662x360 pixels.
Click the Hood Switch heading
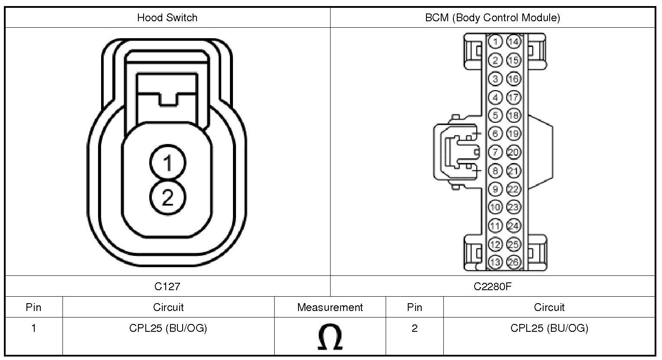pos(167,18)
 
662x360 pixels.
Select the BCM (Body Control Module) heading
pos(492,18)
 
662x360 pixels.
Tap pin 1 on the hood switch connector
pos(168,162)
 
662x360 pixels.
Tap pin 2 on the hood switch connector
pos(168,197)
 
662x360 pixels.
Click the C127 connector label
pos(167,286)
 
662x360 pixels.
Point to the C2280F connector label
pos(492,286)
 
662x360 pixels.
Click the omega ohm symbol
pos(330,337)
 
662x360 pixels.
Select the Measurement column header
pos(330,307)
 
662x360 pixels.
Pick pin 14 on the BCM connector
pos(514,42)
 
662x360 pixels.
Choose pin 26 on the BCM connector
pos(514,262)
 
